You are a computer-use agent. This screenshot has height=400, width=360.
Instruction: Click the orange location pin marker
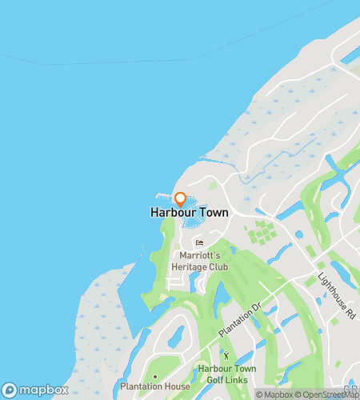pyautogui.click(x=180, y=198)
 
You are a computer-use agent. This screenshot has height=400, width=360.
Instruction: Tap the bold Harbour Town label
pyautogui.click(x=189, y=213)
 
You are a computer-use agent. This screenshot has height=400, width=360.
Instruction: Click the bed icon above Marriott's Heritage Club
pyautogui.click(x=199, y=243)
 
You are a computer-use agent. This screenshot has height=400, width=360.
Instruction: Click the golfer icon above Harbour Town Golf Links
pyautogui.click(x=226, y=355)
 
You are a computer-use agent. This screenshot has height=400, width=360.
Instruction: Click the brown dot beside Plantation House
pyautogui.click(x=154, y=375)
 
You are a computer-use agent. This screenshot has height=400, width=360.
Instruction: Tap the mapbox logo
pyautogui.click(x=36, y=390)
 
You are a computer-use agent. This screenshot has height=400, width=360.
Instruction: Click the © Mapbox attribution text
pyautogui.click(x=274, y=394)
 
